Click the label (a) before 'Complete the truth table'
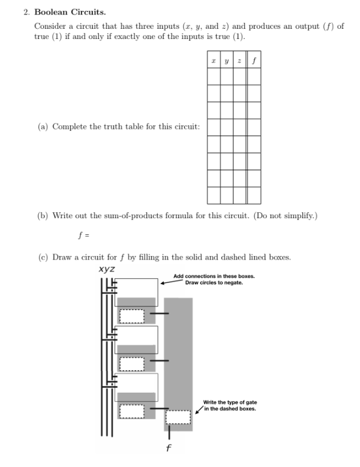click(43, 126)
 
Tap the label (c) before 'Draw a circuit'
click(43, 257)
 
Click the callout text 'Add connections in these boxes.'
click(214, 276)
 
